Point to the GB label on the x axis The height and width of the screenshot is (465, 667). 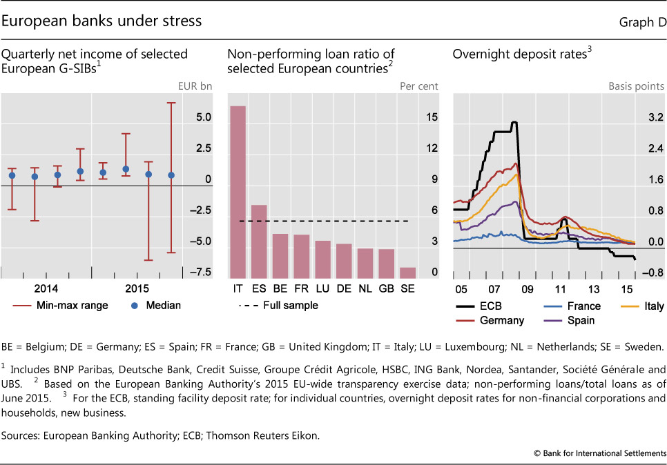pos(387,288)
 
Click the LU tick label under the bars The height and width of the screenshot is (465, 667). pos(322,288)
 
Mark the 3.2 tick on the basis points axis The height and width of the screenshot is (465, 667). pos(655,118)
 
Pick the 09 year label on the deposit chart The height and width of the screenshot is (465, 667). pos(528,288)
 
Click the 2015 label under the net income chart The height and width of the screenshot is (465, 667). pos(138,288)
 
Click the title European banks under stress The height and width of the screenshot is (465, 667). pos(102,21)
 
